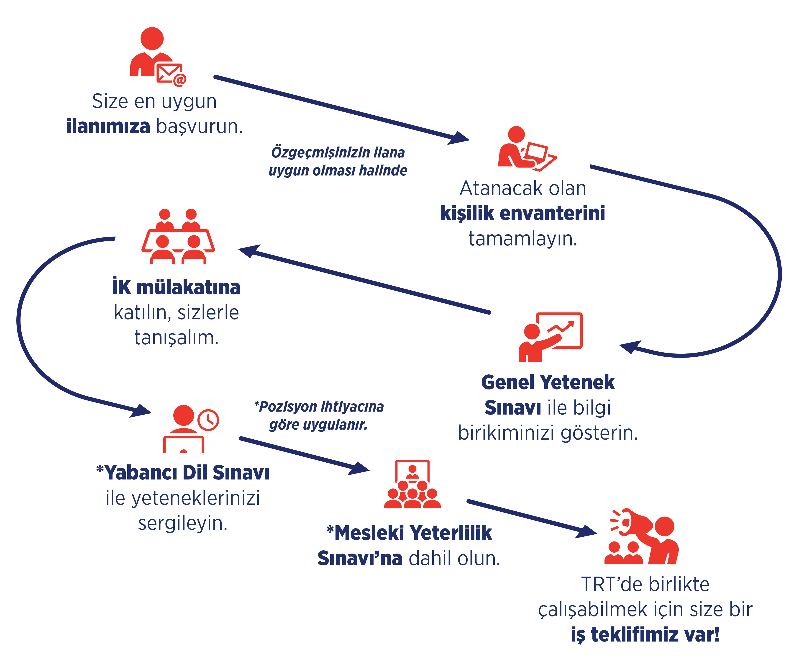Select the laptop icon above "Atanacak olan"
click(x=540, y=156)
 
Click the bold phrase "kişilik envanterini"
click(x=522, y=213)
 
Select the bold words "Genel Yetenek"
click(x=548, y=382)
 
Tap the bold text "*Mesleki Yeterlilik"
click(x=409, y=533)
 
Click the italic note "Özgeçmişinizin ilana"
click(x=338, y=152)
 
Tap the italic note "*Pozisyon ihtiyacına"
click(x=319, y=407)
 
